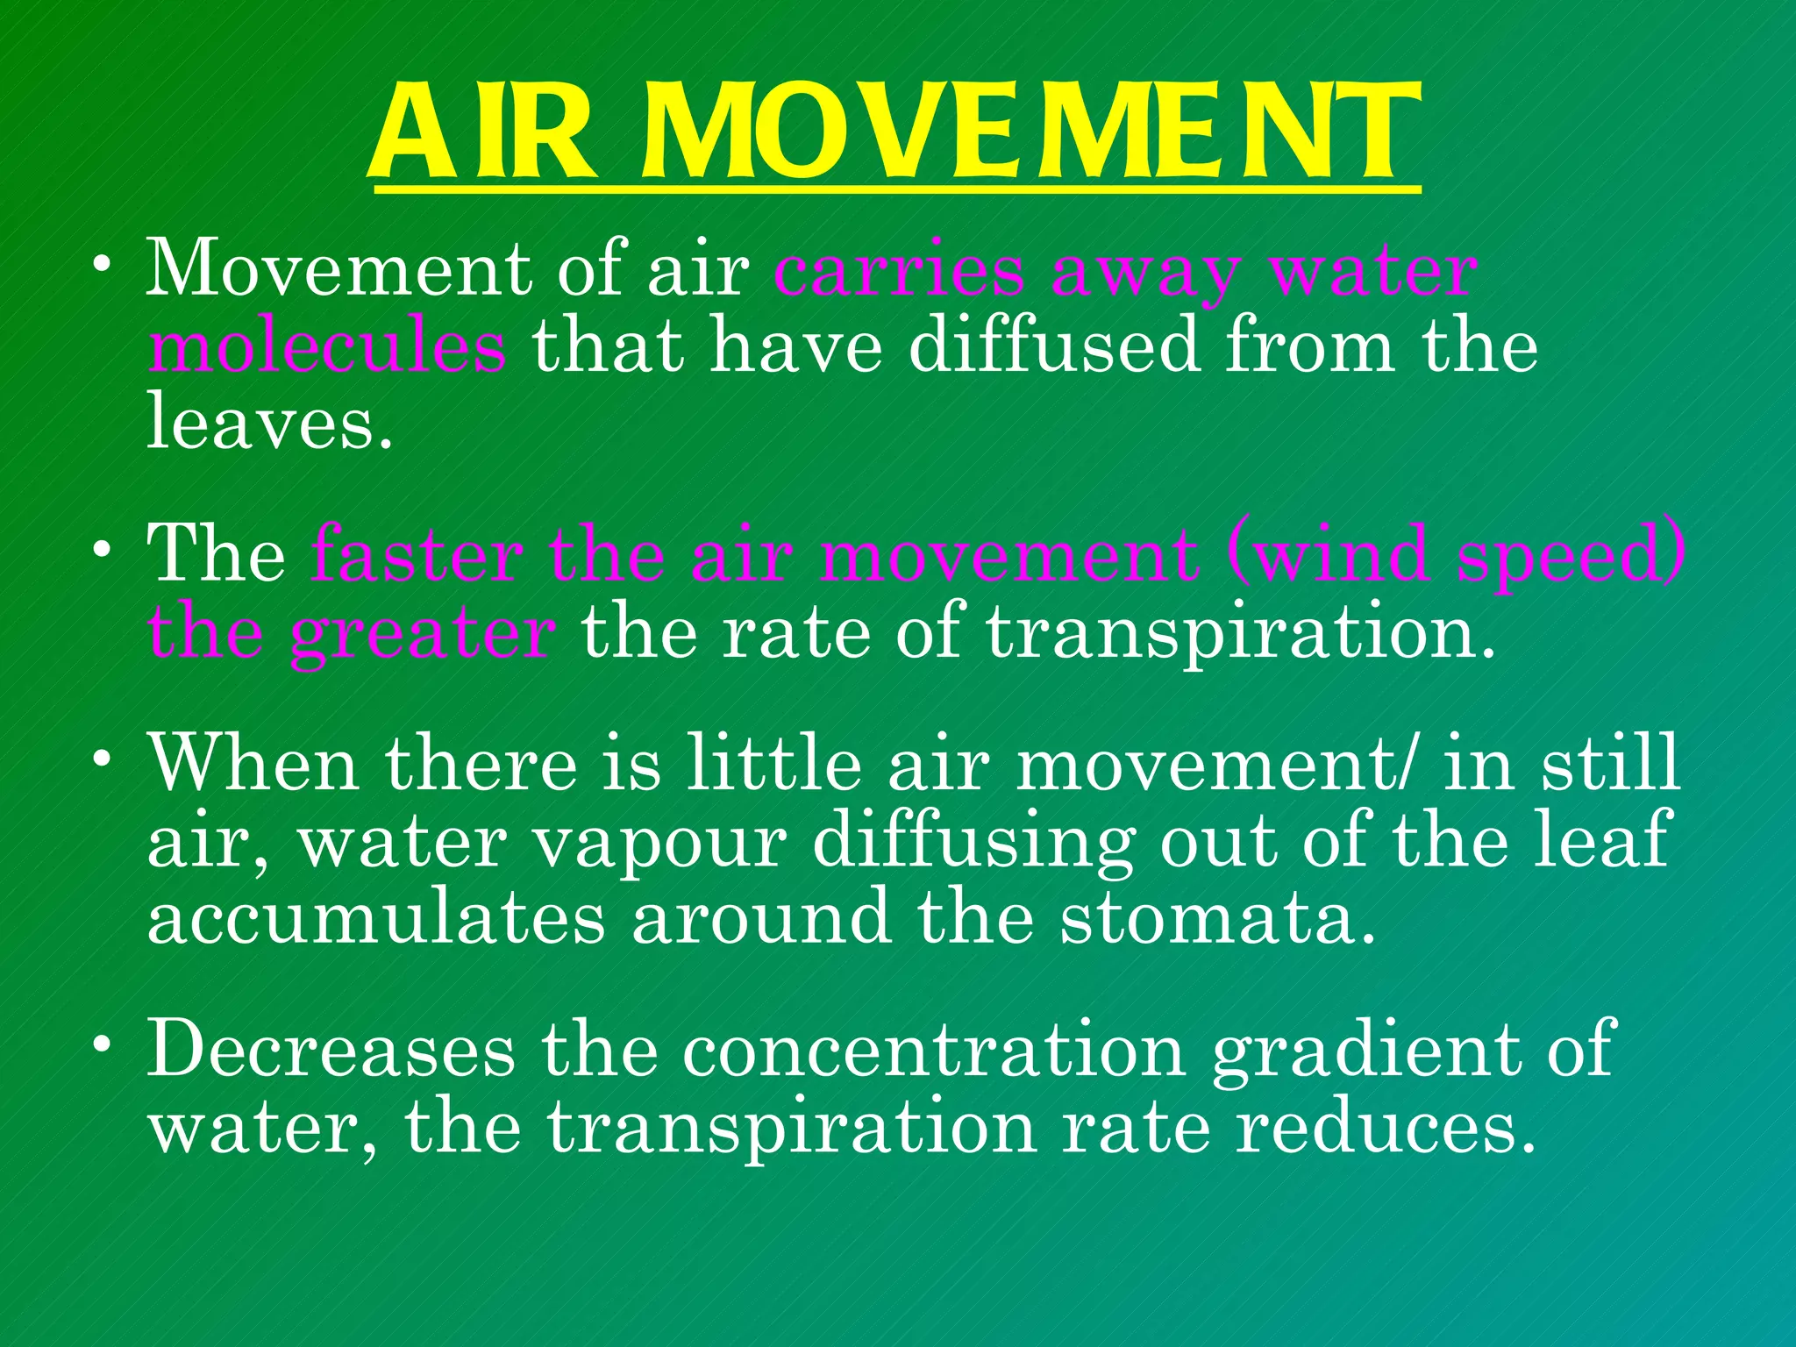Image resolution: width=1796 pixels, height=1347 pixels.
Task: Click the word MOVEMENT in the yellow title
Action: click(x=1030, y=133)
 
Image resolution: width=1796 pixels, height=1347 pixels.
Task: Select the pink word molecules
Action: click(x=326, y=346)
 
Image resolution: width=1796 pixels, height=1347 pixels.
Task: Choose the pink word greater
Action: click(x=422, y=634)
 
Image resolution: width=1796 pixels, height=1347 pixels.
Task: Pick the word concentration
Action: click(x=934, y=1050)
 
